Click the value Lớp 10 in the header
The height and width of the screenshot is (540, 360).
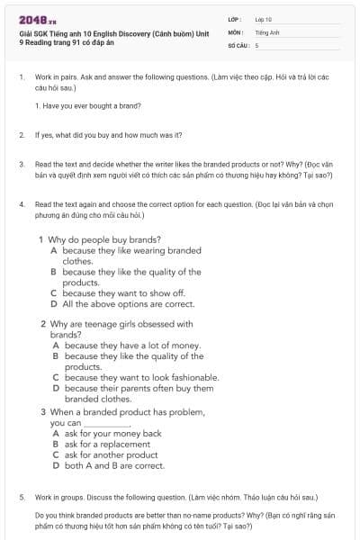(264, 18)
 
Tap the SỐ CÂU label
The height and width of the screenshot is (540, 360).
(238, 44)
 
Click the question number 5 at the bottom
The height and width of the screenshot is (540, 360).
(22, 497)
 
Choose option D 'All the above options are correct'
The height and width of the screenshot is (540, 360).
(122, 304)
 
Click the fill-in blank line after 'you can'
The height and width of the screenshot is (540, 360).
(107, 423)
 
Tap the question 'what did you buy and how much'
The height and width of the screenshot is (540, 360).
(109, 135)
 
